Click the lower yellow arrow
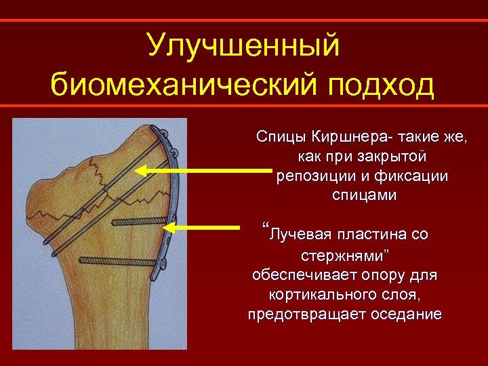pos(203,226)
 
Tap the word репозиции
pos(311,176)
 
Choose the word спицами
pos(365,195)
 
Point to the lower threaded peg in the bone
pos(118,258)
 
